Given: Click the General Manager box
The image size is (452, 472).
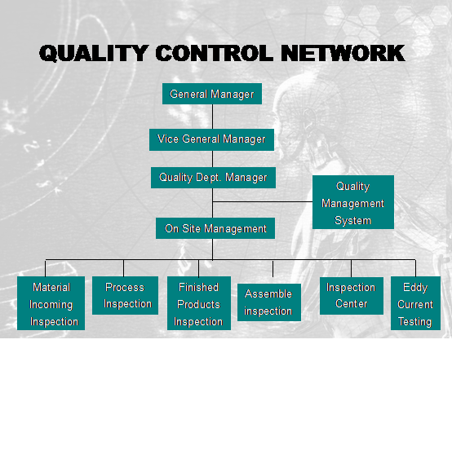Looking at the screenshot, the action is click(212, 94).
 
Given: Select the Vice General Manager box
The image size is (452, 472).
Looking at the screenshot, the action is click(211, 139).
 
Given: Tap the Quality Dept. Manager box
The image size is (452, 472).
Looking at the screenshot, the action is click(213, 178).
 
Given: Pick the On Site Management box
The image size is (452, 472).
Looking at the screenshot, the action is click(215, 228).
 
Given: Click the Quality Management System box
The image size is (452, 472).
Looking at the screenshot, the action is click(353, 202).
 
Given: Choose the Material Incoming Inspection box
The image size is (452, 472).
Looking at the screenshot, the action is click(51, 303).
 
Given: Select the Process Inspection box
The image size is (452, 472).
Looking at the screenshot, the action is click(125, 295).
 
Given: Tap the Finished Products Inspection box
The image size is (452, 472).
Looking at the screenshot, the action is click(199, 303).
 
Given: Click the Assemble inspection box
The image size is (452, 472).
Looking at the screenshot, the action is click(269, 302).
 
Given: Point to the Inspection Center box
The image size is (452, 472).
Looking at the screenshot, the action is click(352, 296).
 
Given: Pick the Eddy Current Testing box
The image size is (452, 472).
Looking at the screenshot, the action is click(415, 303).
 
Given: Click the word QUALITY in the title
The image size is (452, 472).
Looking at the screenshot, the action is click(94, 54).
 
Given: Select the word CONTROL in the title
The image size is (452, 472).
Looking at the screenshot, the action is click(215, 53).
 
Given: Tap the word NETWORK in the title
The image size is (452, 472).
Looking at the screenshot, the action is click(343, 53).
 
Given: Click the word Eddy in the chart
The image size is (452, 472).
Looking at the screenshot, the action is click(415, 288).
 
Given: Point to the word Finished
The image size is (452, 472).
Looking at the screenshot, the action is click(198, 287).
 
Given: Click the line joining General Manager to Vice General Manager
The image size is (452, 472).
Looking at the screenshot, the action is click(212, 117).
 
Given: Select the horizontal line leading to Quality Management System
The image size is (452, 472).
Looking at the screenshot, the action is click(263, 201).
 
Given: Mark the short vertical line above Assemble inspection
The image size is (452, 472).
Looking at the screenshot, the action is click(273, 268).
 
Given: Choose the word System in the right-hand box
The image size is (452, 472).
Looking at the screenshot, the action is click(352, 221).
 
